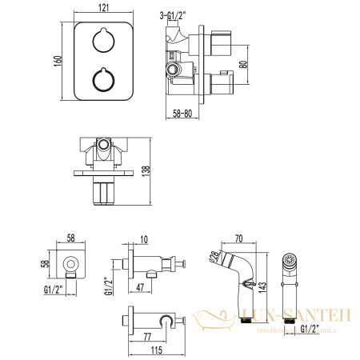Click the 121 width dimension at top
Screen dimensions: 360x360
(104, 8)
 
